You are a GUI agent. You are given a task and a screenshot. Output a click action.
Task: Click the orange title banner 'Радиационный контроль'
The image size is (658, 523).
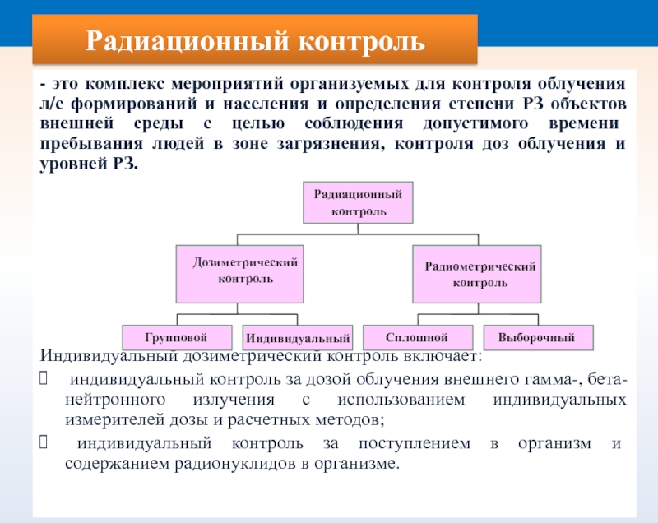(x=257, y=39)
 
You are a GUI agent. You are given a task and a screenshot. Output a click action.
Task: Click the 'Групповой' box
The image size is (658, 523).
(x=176, y=337)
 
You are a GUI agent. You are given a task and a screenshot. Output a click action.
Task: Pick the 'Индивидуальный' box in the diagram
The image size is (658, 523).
(x=297, y=338)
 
